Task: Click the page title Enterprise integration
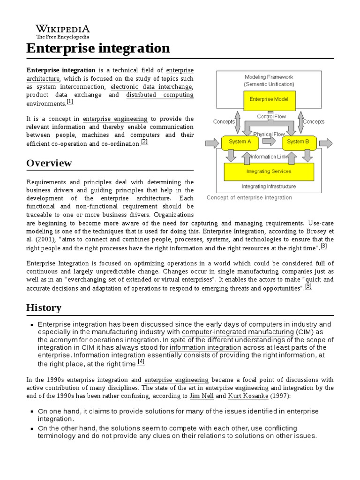[x=98, y=48]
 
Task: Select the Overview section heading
[x=49, y=163]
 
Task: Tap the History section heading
[x=44, y=307]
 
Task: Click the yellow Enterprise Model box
[x=269, y=99]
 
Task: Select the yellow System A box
[x=240, y=142]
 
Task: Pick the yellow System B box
[x=298, y=142]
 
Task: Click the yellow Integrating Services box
[x=269, y=172]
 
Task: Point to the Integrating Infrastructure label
[x=269, y=187]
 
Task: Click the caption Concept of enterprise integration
[x=249, y=198]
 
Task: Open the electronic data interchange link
[x=151, y=87]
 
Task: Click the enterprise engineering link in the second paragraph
[x=115, y=119]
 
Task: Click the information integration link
[x=205, y=347]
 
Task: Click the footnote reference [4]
[x=141, y=361]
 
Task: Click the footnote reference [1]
[x=70, y=101]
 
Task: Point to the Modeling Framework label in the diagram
[x=269, y=77]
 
